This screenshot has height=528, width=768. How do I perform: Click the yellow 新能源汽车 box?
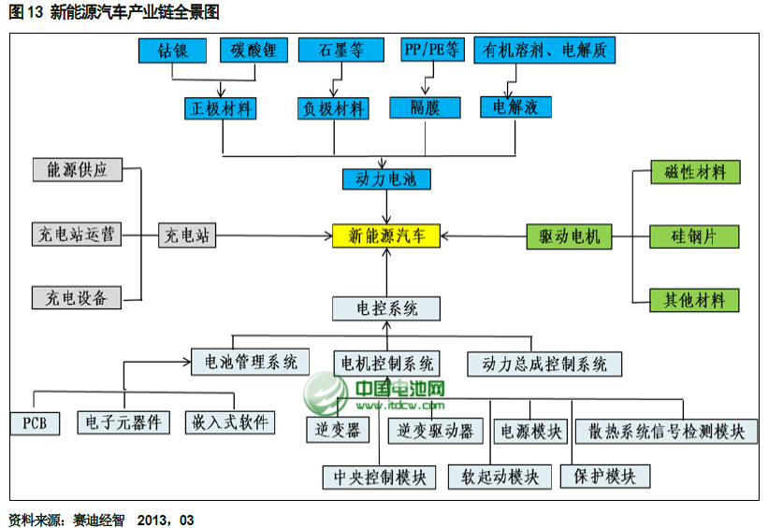(x=386, y=236)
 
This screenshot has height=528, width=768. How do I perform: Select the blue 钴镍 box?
(x=171, y=50)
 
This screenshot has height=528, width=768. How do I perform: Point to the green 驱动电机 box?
(x=569, y=236)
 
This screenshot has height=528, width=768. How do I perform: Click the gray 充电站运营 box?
(x=77, y=235)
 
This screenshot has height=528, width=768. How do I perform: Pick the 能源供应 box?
(x=77, y=170)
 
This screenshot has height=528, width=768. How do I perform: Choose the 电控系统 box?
(x=386, y=308)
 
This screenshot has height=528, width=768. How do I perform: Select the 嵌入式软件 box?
(x=229, y=422)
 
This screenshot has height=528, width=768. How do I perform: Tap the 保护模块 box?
(x=605, y=477)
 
